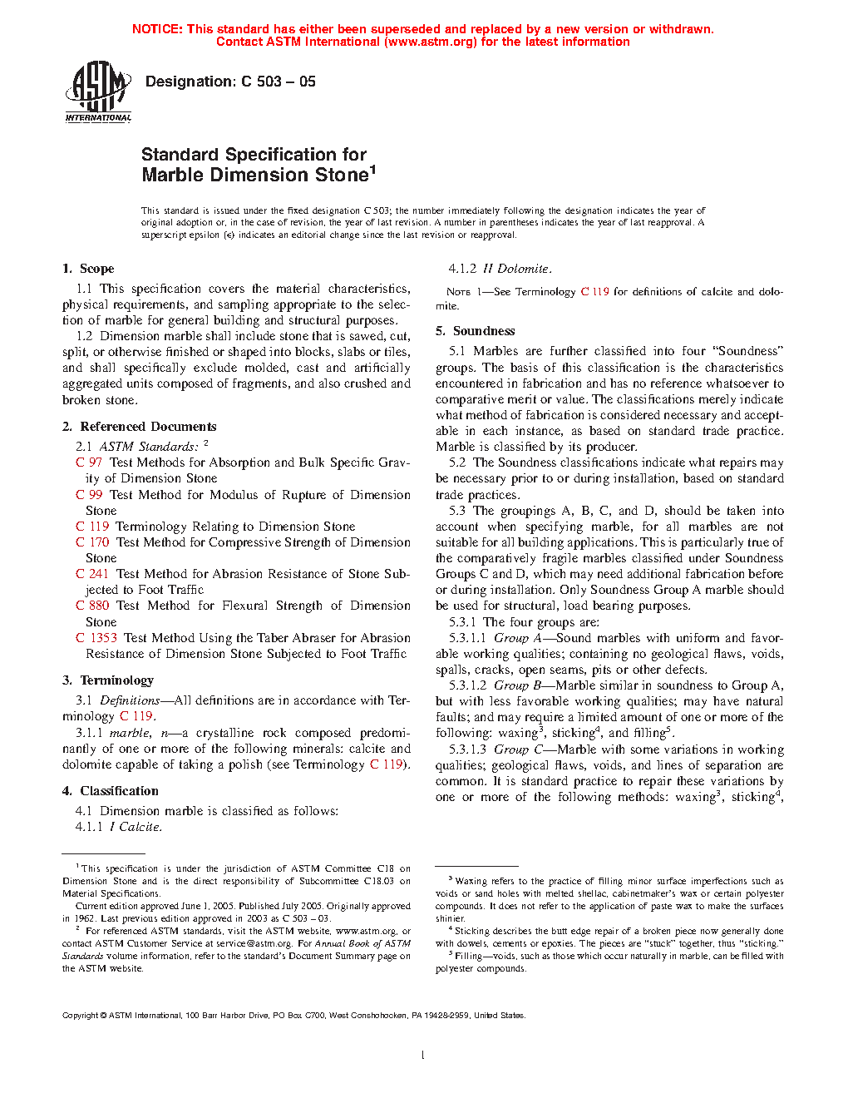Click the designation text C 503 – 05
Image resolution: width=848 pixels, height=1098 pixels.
point(230,82)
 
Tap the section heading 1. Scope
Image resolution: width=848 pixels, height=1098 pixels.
point(88,269)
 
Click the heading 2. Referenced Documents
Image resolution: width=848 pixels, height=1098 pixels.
point(139,427)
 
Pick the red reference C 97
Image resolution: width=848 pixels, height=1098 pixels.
point(89,462)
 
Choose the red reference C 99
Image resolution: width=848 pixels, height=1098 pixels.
point(89,495)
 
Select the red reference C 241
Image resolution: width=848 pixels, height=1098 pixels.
point(92,574)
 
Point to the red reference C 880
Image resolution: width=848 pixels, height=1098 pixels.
point(92,606)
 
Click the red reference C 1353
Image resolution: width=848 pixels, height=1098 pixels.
point(96,638)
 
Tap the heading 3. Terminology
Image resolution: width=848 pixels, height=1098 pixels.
point(108,680)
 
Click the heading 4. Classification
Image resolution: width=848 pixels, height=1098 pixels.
point(110,791)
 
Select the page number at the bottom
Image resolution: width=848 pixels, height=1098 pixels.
point(423,1056)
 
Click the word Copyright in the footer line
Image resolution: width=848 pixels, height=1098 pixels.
point(81,1016)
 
